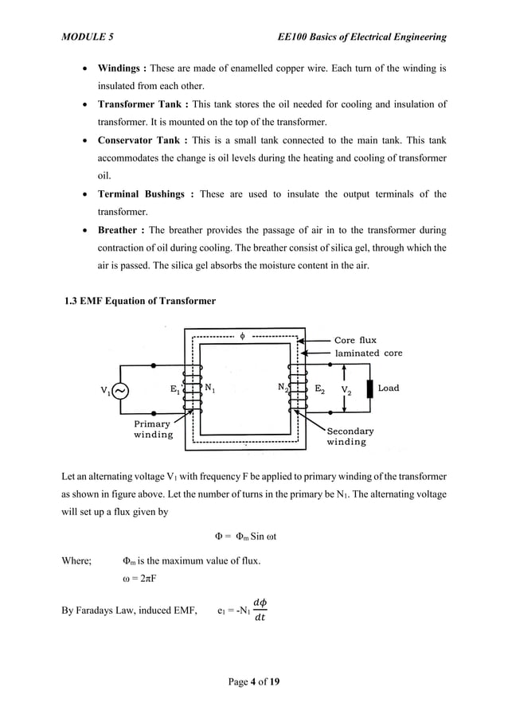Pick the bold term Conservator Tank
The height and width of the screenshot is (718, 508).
tap(141, 141)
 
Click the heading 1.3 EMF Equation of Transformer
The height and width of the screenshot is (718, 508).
tap(140, 301)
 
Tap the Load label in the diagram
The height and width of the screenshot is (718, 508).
tap(389, 388)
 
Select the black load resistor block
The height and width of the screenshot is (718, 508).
tap(369, 389)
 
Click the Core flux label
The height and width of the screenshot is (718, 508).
tap(355, 340)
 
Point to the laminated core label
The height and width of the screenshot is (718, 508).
tap(368, 353)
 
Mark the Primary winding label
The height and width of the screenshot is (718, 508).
tap(153, 429)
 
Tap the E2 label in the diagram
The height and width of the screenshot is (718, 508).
tap(319, 389)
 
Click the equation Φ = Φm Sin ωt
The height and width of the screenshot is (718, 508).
tap(253, 534)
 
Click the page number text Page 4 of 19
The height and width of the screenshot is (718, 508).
tap(253, 682)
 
